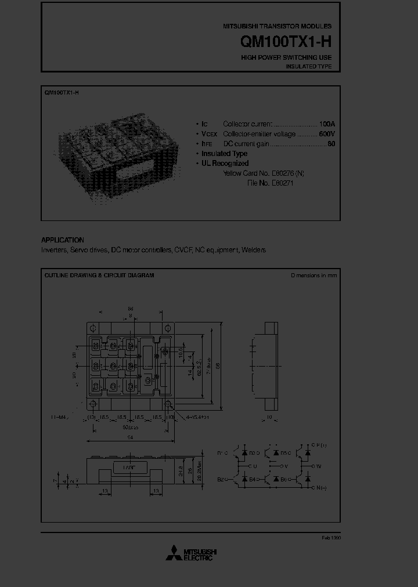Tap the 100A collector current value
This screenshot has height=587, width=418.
(x=327, y=124)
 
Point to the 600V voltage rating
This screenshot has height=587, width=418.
(x=326, y=134)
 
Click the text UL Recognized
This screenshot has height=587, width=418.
(x=225, y=164)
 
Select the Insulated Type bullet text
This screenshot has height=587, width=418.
(x=224, y=154)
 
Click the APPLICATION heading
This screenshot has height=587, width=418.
(x=62, y=240)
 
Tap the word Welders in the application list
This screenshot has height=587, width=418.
(x=254, y=249)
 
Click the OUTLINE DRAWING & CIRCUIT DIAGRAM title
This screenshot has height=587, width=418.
(x=99, y=276)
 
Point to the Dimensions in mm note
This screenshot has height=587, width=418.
(x=313, y=276)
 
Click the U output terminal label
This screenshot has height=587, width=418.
(x=255, y=466)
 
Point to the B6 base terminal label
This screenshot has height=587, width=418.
(x=283, y=479)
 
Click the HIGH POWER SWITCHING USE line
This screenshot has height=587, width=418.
(x=286, y=58)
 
